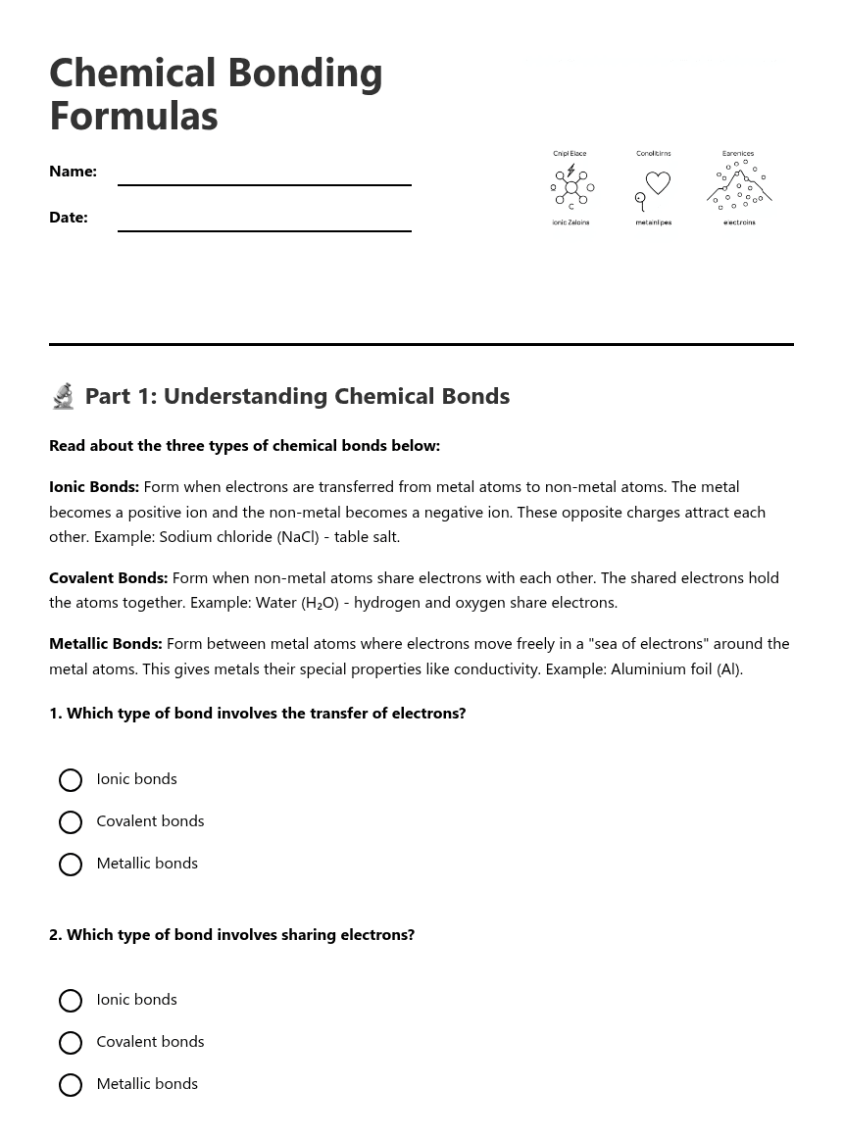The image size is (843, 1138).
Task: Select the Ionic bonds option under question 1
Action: pos(71,780)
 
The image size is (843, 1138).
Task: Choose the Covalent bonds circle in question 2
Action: pos(71,1043)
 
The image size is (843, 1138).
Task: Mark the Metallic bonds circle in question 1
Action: pos(71,865)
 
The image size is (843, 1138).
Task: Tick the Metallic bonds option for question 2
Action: pos(71,1085)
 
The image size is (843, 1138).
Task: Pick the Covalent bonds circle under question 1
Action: pos(71,822)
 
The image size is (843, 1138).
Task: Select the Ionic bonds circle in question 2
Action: pos(71,1001)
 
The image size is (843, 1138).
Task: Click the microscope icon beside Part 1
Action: pos(64,396)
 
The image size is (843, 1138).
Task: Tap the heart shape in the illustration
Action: pos(658,182)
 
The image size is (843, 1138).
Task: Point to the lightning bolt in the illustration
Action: pos(570,171)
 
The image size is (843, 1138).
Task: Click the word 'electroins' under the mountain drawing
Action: pos(739,223)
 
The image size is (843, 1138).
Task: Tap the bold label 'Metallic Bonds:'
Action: pos(105,644)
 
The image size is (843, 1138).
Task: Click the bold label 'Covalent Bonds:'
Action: pos(108,578)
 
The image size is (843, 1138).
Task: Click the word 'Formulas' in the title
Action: pos(133,116)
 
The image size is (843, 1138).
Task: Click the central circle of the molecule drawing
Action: pos(571,187)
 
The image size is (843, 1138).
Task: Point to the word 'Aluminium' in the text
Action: pos(646,669)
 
